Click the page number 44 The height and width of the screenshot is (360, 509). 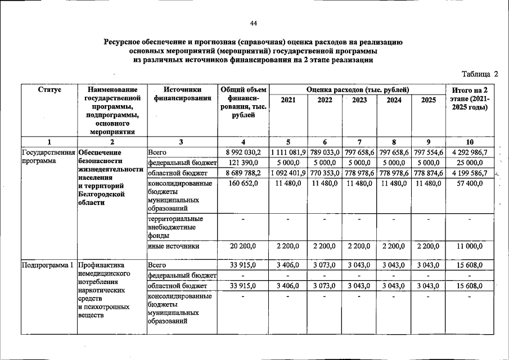(x=254, y=23)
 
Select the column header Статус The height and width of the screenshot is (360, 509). (x=49, y=90)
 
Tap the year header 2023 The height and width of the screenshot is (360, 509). (x=359, y=100)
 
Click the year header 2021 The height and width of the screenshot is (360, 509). (x=288, y=100)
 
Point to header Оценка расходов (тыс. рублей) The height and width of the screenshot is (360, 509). (x=357, y=90)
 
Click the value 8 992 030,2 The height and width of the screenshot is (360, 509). (x=243, y=152)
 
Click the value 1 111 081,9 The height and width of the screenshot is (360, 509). (x=288, y=152)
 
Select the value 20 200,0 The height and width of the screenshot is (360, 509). (x=243, y=246)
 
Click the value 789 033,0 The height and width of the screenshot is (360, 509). (x=325, y=152)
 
